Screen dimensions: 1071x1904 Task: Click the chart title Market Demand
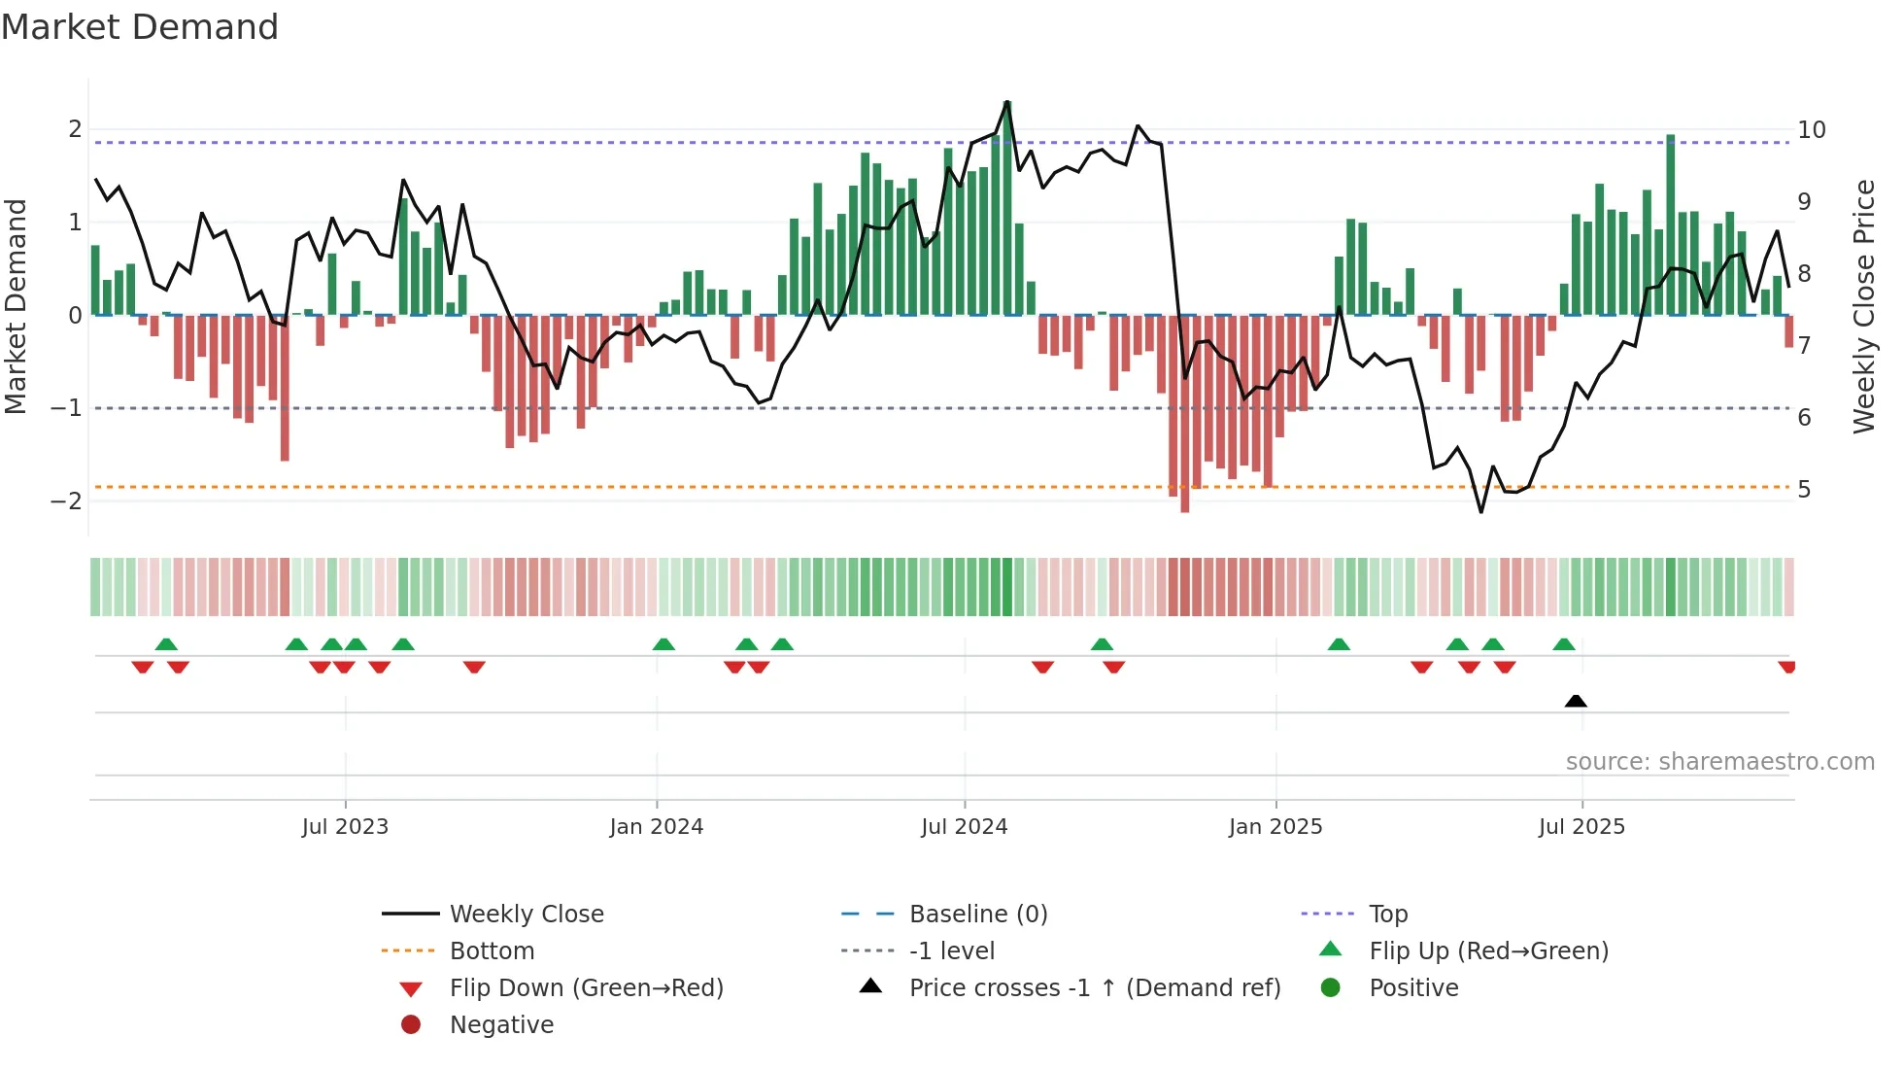point(140,27)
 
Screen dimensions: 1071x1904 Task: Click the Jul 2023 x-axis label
point(345,827)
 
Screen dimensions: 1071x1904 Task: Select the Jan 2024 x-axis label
point(657,827)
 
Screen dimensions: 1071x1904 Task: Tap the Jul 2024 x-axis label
point(965,827)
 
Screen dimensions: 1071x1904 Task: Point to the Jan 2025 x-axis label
point(1275,827)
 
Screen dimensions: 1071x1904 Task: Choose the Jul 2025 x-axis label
point(1581,827)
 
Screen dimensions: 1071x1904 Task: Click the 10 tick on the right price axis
point(1812,130)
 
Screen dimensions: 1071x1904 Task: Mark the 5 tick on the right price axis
point(1804,490)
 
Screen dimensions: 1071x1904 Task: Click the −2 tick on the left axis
point(66,501)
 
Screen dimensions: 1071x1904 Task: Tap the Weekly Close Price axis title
point(1863,306)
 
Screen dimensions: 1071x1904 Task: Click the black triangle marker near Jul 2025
point(1576,702)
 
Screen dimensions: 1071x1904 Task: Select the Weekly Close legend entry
point(527,915)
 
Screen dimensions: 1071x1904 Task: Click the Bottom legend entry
point(492,951)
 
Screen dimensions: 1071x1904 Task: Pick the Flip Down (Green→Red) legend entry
point(586,988)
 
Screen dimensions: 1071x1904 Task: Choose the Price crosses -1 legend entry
point(1095,988)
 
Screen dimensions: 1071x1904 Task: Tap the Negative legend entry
point(501,1025)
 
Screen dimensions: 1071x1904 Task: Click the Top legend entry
point(1388,915)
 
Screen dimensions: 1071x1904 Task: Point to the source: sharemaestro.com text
point(1719,762)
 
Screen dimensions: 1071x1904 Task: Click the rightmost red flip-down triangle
point(1786,668)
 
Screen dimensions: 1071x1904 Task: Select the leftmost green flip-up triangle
point(166,644)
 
